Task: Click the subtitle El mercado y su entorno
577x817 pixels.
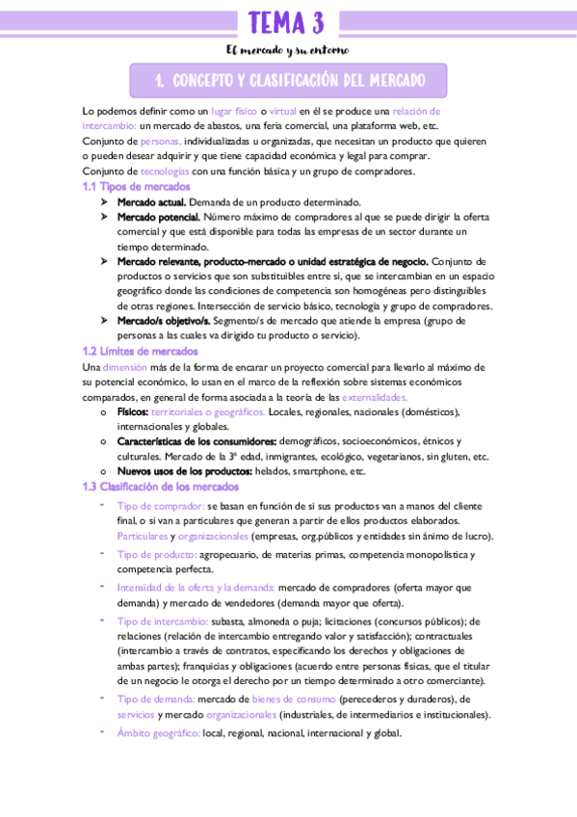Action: pyautogui.click(x=288, y=50)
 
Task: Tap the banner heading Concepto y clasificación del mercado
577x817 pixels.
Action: pyautogui.click(x=288, y=80)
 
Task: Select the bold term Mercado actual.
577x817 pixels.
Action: pyautogui.click(x=151, y=202)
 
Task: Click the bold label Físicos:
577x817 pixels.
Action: pyautogui.click(x=133, y=411)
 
